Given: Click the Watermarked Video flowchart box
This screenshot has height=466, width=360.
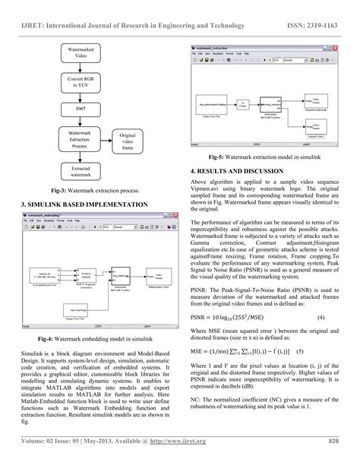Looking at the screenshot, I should click(81, 52).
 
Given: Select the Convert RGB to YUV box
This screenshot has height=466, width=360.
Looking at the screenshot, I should click(81, 83).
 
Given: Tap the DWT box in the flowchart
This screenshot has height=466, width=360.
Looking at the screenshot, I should click(81, 109).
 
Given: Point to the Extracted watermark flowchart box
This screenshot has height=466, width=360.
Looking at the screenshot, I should click(81, 173).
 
